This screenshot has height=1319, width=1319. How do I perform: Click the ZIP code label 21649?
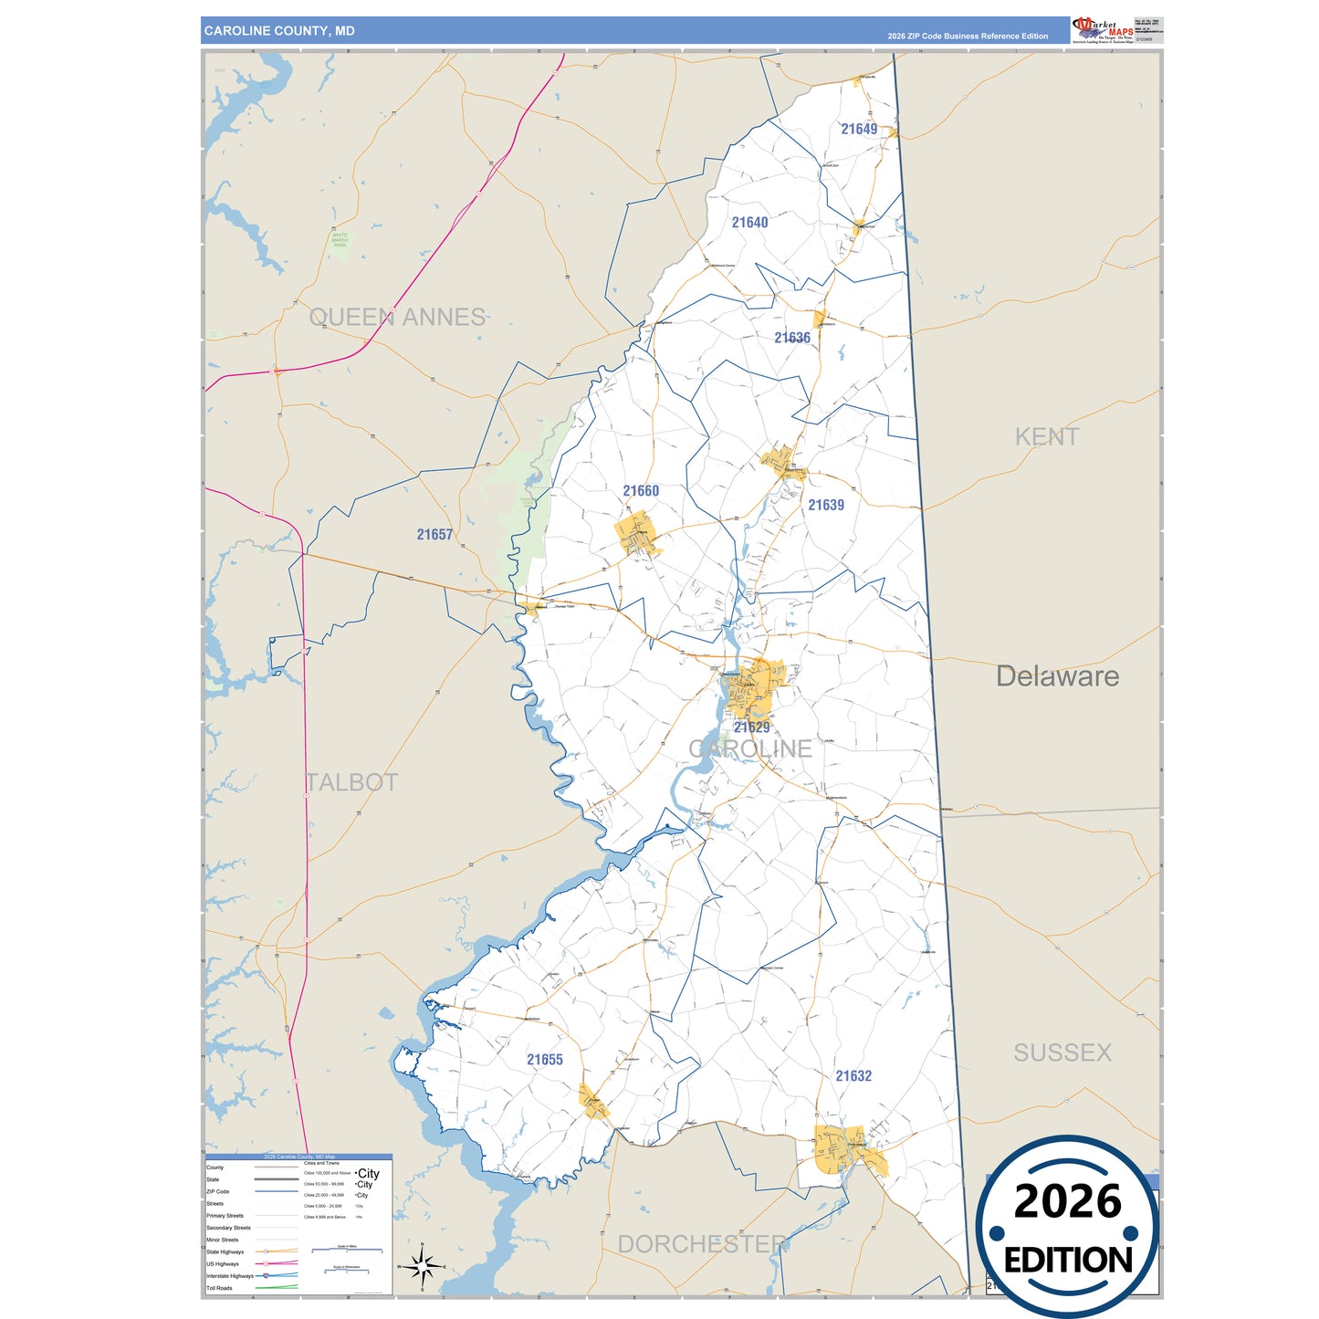coord(859,129)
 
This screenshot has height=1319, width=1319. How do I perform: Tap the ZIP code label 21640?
coord(749,222)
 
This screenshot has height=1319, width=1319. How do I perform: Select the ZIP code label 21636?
coord(792,338)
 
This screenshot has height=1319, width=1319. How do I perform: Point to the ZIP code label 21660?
coord(641,491)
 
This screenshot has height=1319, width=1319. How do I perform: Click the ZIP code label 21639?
coord(826,505)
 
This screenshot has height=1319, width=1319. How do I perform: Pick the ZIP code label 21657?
coord(434,535)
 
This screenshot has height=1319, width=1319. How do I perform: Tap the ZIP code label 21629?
coord(751,728)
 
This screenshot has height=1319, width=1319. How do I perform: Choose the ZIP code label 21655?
coord(545,1060)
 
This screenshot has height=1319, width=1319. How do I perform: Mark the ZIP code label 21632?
coord(853,1076)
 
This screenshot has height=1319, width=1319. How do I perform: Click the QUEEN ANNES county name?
coord(397,317)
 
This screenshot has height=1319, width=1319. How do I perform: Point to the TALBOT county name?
coord(351,782)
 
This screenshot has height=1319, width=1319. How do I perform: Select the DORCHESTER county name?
coord(703,1244)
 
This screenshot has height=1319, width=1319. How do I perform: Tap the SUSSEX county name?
coord(1063,1052)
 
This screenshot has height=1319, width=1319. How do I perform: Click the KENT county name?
coord(1047,436)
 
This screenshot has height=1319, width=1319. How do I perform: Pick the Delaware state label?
coord(1057,676)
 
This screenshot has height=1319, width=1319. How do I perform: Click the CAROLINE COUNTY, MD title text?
coord(279,31)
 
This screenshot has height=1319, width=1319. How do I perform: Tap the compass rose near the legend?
coord(422,1266)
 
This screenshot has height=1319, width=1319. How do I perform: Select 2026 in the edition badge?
coord(1067,1201)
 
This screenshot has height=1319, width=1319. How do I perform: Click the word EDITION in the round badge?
coord(1068,1261)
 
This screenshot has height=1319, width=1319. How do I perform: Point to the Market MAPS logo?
coord(1103,29)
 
